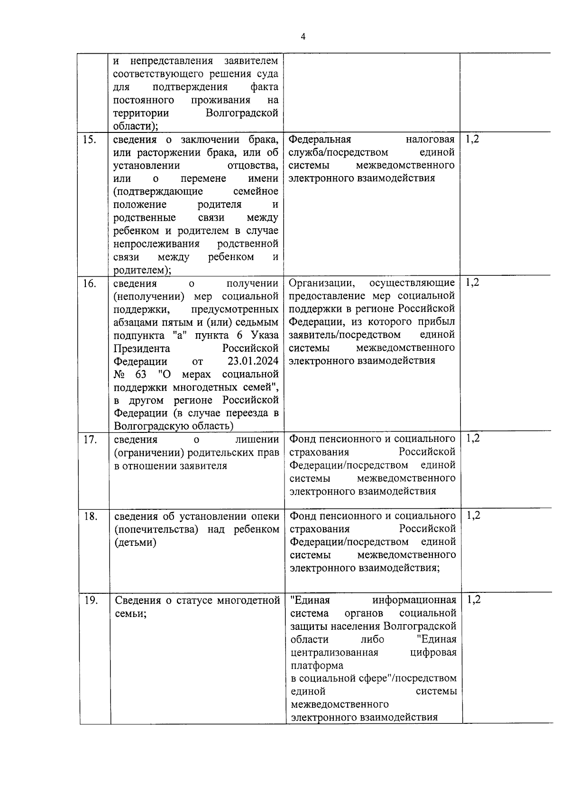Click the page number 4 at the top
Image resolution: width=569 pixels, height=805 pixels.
pos(303,37)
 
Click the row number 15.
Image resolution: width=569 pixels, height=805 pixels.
pos(89,140)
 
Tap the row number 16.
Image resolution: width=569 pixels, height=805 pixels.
pos(89,284)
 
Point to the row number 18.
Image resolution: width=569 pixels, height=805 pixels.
pos(90,516)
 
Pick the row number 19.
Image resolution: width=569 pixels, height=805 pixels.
pos(91,600)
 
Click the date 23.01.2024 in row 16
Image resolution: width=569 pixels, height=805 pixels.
pos(253,362)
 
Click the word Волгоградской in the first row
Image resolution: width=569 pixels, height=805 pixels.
pos(242,113)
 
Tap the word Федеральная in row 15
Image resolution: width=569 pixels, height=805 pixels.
pos(320,139)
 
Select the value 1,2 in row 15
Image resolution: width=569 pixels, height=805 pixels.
pos(472,139)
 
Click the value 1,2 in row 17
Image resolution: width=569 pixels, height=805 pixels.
pos(473,438)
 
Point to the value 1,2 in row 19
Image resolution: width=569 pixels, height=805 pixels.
pos(474,599)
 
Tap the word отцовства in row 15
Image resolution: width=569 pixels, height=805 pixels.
pos(253,166)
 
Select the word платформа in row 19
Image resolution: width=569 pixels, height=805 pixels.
pos(317,665)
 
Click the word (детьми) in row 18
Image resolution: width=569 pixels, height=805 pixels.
pos(135,543)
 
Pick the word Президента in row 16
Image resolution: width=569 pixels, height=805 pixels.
pos(142,349)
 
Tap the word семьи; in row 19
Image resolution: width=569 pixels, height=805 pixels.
pos(130,614)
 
